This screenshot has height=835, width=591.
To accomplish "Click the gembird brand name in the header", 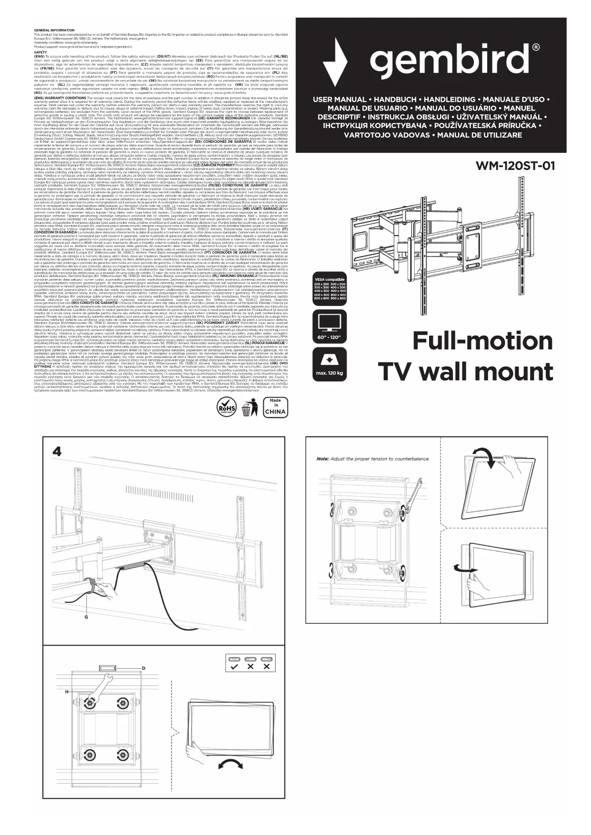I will [454, 60].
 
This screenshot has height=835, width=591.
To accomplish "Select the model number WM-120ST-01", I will [515, 166].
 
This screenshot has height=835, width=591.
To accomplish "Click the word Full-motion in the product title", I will [482, 341].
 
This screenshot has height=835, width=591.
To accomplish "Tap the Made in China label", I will [275, 407].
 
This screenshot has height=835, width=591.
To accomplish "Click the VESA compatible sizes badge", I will [330, 289].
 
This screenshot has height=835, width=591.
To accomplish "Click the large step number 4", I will [57, 451].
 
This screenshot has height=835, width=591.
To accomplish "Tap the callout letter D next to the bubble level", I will [143, 668].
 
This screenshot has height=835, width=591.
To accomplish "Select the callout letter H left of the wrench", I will [67, 691].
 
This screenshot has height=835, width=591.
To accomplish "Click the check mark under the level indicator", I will [234, 666].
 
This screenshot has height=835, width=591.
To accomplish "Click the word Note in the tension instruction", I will [322, 459].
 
